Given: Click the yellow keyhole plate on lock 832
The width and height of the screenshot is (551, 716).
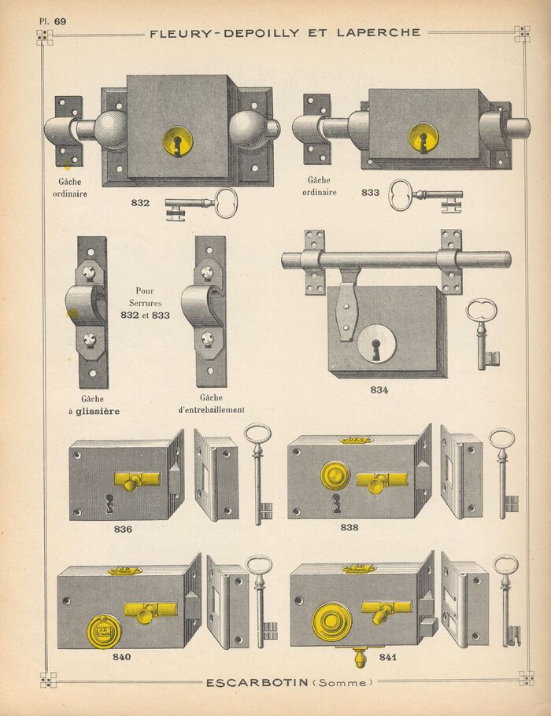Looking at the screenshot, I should pos(178,142).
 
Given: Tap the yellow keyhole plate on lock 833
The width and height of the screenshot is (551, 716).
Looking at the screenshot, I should pos(423,138).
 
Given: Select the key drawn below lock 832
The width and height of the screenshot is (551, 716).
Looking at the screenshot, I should pos(202,204).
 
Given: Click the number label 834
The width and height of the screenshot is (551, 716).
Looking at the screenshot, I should pos(379,389).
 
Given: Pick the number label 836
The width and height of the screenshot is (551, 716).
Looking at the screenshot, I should pos(123,529).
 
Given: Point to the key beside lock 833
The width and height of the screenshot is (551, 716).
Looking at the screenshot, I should pos(425,195).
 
